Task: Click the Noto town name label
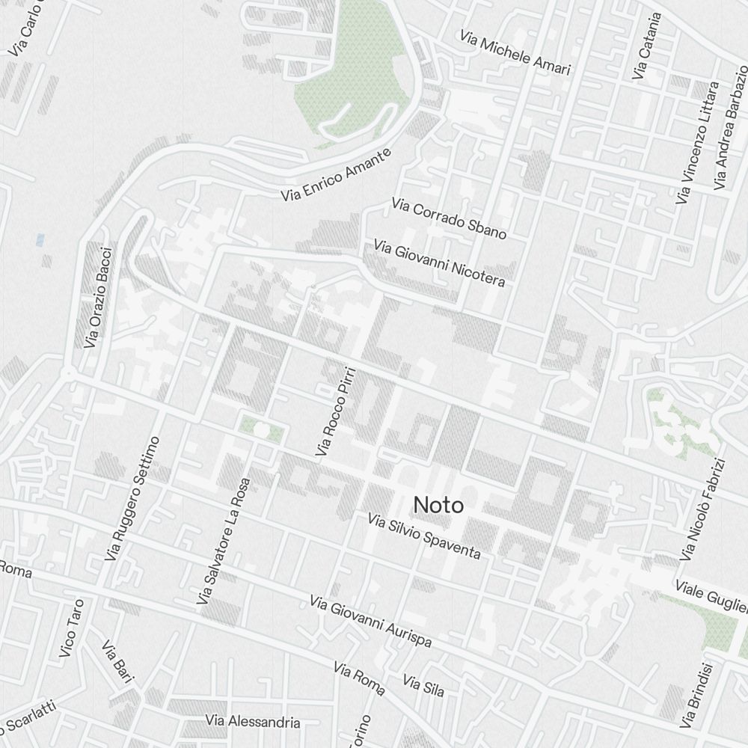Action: coord(438,506)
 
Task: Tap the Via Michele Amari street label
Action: coord(515,53)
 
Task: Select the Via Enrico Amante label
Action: coord(336,175)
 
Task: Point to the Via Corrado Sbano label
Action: coord(449,218)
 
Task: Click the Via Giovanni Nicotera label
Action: coord(440,263)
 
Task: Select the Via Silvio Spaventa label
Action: coord(424,536)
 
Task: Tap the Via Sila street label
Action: coord(423,684)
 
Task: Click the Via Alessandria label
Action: coord(253,722)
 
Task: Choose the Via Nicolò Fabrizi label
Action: coord(703,509)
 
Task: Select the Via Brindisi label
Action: coord(697,696)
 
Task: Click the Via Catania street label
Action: coord(648,46)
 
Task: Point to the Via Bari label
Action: coord(117,661)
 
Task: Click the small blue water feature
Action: coord(40,239)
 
